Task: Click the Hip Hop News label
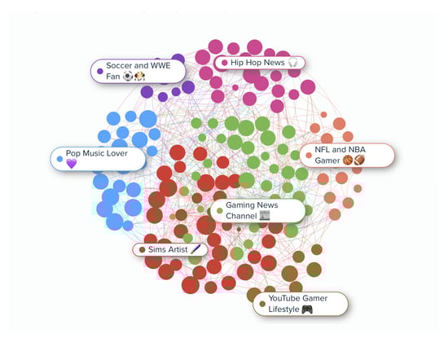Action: click(x=259, y=63)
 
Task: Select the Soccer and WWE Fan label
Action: click(x=138, y=71)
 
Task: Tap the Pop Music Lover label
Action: click(x=98, y=159)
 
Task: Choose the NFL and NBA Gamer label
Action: click(x=347, y=155)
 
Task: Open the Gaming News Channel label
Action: click(x=257, y=211)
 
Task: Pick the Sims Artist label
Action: click(x=170, y=249)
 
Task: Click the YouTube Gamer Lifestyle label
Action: click(x=301, y=304)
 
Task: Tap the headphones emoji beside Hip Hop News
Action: click(x=293, y=62)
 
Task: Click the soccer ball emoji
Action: click(x=128, y=77)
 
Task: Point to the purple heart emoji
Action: click(x=72, y=164)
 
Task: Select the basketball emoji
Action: click(x=348, y=160)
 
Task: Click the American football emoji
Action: click(x=359, y=160)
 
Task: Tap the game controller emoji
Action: click(x=307, y=310)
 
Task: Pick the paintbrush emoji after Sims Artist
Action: click(x=195, y=249)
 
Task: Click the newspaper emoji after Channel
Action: click(x=265, y=215)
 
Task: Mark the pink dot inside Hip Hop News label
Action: click(x=225, y=63)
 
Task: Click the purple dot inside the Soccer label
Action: click(x=100, y=71)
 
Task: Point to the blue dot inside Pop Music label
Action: click(x=59, y=159)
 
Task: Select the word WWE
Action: click(x=160, y=65)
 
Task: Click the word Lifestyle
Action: click(x=283, y=310)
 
